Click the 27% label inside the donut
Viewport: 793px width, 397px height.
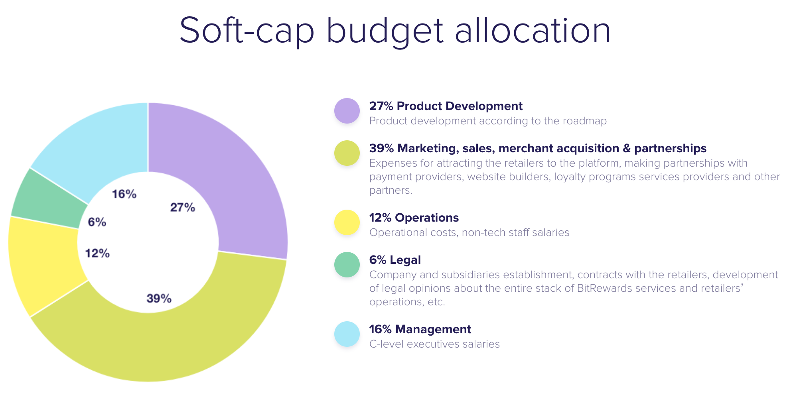182,207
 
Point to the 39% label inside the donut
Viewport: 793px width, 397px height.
159,298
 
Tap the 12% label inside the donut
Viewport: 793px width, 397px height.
97,253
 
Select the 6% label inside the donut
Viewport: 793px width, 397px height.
97,222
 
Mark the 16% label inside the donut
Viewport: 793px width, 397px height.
124,194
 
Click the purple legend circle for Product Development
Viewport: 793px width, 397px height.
347,111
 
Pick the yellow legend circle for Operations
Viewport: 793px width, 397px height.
347,222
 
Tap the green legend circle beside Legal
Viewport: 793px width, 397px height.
347,265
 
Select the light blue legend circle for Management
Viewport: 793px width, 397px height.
347,334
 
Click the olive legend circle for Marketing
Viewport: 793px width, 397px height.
347,153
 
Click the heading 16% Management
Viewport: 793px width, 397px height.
420,329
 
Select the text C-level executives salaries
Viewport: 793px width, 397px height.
434,344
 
